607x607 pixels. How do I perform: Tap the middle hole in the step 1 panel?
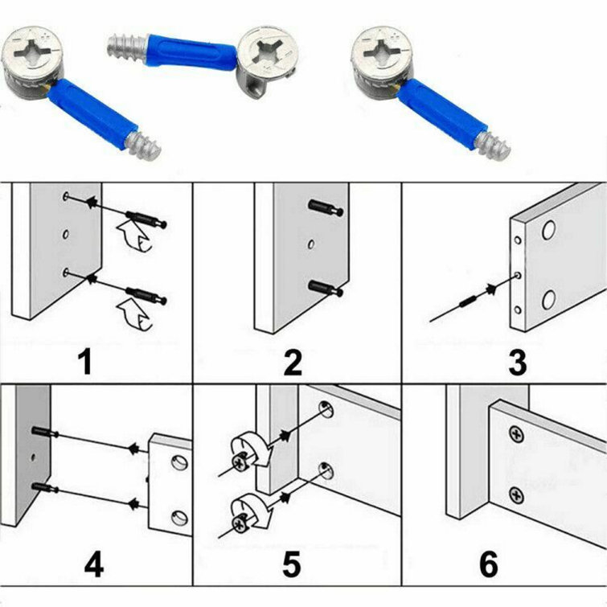coord(64,234)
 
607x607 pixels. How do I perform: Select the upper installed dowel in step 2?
coord(326,209)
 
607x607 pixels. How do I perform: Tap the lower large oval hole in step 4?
coord(179,516)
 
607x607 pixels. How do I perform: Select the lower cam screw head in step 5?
coord(240,523)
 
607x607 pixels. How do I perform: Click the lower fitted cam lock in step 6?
coord(516,493)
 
